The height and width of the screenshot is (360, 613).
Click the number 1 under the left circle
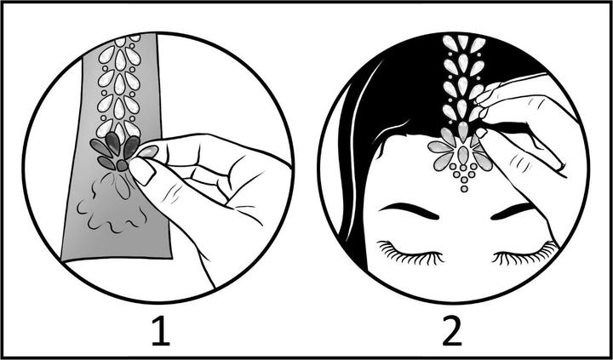coord(161,331)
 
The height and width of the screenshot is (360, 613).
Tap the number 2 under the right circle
coord(452,331)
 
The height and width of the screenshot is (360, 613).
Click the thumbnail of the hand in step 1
coord(142,171)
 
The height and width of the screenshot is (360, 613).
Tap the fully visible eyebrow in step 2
coord(409,211)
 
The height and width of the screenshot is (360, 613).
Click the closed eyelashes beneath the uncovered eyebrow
coord(410,254)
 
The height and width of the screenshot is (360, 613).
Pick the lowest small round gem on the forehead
coord(464,189)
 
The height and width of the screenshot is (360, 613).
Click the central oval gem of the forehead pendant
coord(463,155)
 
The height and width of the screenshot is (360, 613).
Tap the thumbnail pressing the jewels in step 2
coord(481,133)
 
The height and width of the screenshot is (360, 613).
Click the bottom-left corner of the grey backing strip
coord(61,260)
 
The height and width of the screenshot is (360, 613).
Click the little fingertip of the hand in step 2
coord(561,168)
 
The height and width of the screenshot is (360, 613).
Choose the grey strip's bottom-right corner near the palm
coord(172,258)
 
